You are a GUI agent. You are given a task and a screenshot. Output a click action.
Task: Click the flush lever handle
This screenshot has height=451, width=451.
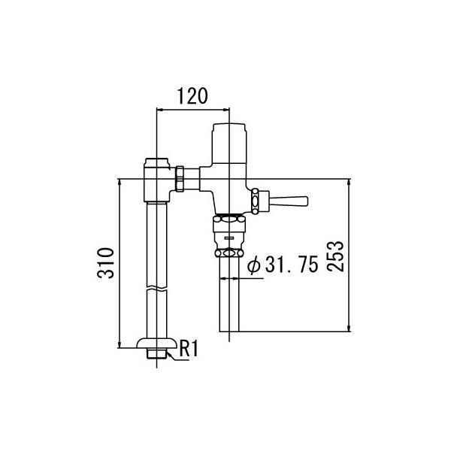289,201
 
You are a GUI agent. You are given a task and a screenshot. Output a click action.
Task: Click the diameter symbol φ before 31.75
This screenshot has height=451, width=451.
253,265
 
